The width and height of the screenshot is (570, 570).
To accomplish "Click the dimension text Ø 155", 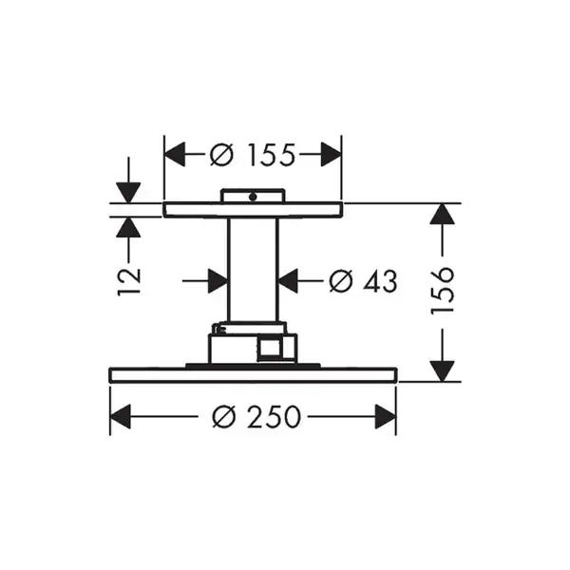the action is pos(253,155).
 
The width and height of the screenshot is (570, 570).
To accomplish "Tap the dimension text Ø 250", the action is pos(256,417).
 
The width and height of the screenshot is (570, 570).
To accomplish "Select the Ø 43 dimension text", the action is pos(363,281).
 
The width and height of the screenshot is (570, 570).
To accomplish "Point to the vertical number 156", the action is pos(442,291).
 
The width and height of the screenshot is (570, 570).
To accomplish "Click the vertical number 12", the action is pos(128,282).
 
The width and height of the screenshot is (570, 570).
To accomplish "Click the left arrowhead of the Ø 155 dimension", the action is pos(175,155).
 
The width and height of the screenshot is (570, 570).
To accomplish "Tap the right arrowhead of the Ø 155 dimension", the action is pos(332,155).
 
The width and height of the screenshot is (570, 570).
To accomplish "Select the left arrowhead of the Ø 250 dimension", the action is pos(120,417).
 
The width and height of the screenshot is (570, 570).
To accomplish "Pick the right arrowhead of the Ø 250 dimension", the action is pos(386,417).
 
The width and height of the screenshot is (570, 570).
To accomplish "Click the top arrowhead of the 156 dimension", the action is pos(442,214).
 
